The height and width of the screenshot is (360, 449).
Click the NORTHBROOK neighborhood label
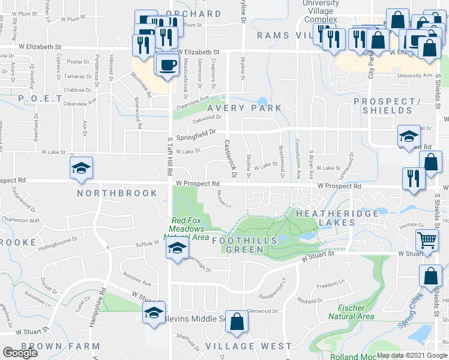click(117, 193)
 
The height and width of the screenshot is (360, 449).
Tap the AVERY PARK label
click(245, 108)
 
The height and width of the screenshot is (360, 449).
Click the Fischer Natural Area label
click(351, 311)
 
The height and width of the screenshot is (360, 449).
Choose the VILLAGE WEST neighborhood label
click(249, 346)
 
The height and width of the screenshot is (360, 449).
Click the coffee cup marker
click(167, 65)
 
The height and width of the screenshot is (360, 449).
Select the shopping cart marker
click(427, 241)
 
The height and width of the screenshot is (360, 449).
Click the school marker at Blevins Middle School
click(154, 313)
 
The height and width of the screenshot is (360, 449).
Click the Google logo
click(20, 353)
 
